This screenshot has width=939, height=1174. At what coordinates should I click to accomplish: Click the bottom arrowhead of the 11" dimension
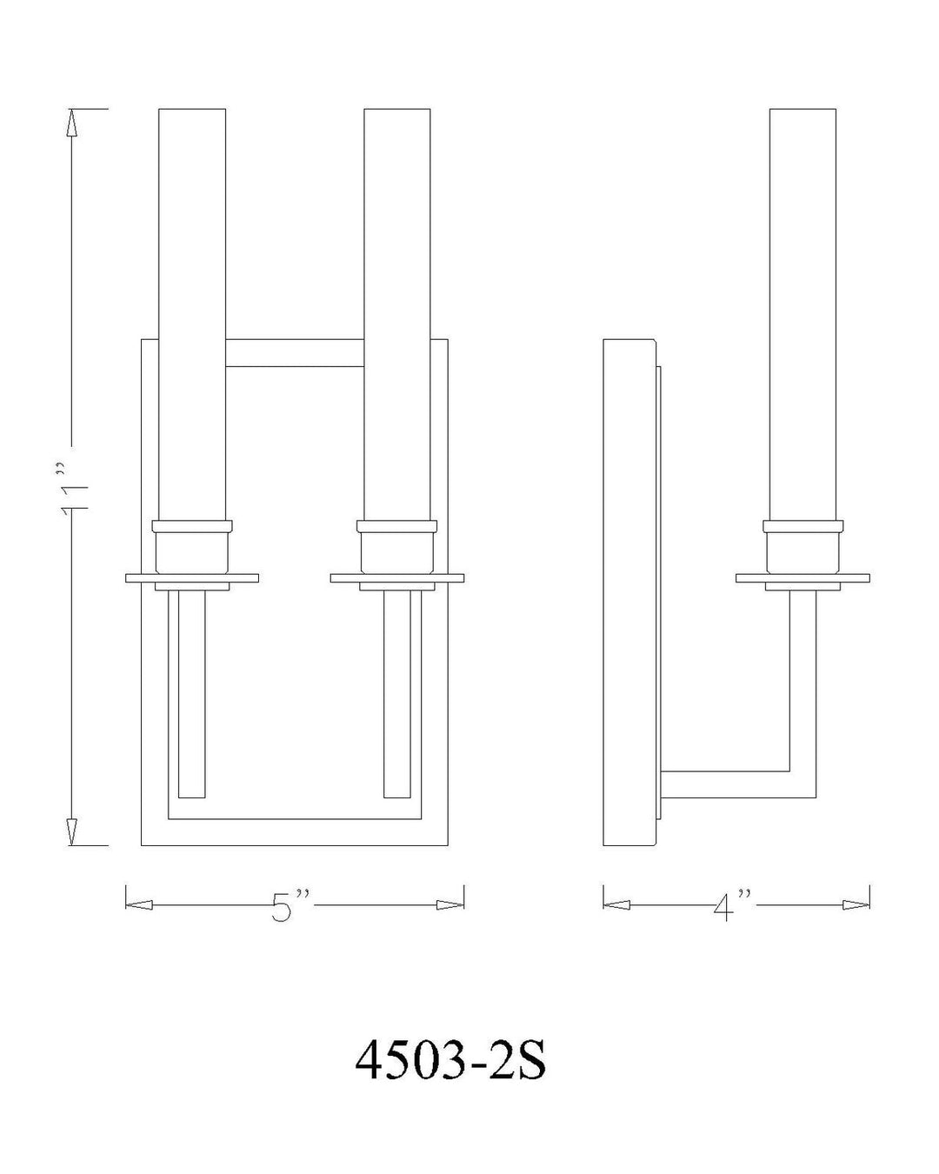click(71, 831)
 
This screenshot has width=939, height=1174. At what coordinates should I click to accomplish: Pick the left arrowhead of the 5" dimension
click(139, 905)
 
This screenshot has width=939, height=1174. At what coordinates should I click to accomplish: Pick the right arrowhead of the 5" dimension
click(450, 905)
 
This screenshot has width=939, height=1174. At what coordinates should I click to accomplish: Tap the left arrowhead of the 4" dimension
click(616, 905)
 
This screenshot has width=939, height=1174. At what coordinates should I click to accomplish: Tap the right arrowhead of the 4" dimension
click(856, 905)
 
